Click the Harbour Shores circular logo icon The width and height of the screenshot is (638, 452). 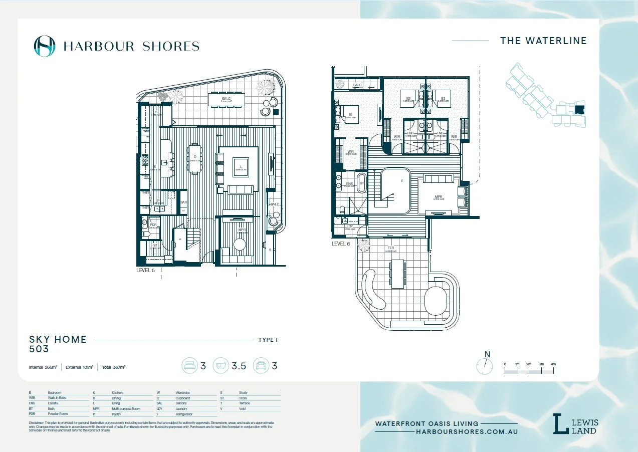(44, 46)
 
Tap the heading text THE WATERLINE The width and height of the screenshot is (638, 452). (543, 41)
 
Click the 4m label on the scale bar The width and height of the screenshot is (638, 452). (553, 364)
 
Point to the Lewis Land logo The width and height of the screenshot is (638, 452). (575, 424)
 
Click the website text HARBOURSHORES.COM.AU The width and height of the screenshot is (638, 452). (467, 431)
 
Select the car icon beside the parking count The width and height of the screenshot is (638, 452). (261, 366)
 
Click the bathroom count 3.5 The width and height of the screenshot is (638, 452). (239, 366)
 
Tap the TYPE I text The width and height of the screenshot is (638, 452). (268, 340)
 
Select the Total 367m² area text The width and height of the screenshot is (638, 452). (113, 367)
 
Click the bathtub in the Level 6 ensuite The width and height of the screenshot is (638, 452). (361, 183)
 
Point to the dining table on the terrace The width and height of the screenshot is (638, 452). (397, 274)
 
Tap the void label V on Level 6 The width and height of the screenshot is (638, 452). (401, 181)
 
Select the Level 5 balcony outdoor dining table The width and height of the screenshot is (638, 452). (227, 99)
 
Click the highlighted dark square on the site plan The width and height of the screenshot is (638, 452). (579, 109)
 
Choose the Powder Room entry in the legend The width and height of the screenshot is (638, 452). (58, 414)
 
